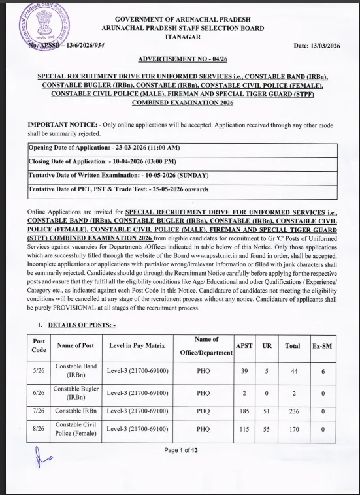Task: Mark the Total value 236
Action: (x=292, y=411)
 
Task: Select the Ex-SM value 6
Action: (x=322, y=370)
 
